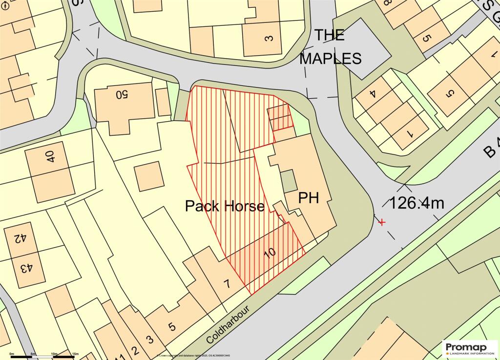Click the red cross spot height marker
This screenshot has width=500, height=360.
[382, 222]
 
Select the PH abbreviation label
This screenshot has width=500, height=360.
[309, 198]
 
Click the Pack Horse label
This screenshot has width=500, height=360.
[225, 206]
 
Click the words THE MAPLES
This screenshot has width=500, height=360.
[330, 47]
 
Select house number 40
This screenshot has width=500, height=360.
[50, 157]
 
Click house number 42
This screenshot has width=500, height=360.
[20, 238]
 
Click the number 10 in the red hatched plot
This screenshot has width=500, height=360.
[269, 253]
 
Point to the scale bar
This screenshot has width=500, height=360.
[42, 357]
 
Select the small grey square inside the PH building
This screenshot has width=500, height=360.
[289, 181]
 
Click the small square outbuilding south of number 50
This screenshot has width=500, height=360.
[148, 176]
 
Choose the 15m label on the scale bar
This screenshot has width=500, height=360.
[75, 353]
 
